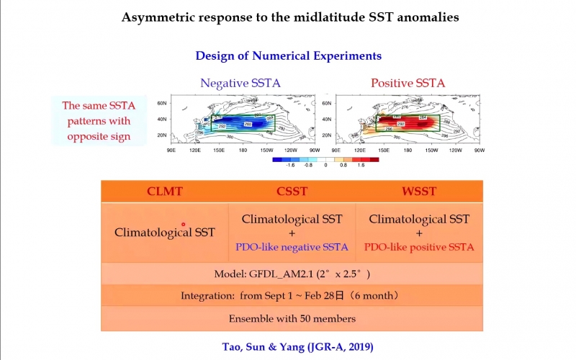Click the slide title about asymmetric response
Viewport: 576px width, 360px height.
(x=288, y=16)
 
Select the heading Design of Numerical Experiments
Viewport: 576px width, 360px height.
(x=288, y=55)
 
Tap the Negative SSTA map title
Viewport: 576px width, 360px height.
(x=240, y=83)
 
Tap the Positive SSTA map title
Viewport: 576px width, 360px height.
(x=408, y=83)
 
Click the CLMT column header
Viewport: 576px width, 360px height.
(x=164, y=192)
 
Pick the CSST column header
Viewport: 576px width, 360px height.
(x=292, y=192)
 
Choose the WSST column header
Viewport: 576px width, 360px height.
(x=418, y=192)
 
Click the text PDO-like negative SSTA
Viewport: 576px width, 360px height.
(x=292, y=247)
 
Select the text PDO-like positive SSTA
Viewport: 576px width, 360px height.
(x=419, y=247)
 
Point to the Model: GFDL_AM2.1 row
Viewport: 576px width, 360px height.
(x=292, y=274)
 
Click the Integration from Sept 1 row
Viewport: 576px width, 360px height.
(x=292, y=296)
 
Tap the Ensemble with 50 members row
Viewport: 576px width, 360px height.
(x=292, y=318)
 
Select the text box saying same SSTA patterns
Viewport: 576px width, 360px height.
(x=98, y=121)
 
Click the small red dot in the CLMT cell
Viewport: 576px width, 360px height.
(x=184, y=225)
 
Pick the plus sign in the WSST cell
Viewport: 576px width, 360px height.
(x=418, y=233)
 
